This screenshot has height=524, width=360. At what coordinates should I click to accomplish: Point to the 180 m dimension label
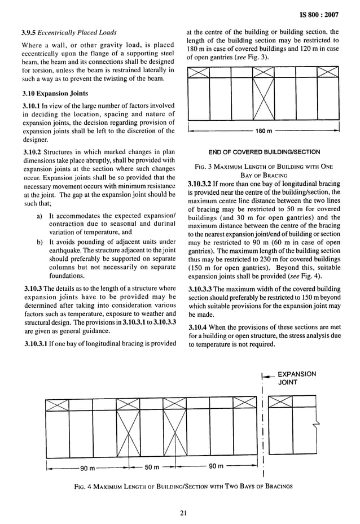click(264, 131)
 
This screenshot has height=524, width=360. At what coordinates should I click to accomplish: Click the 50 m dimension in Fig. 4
click(150, 466)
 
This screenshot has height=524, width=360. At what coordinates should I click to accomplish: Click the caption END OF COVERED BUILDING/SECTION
click(264, 152)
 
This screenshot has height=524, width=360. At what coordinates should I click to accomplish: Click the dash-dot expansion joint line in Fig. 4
click(264, 429)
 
